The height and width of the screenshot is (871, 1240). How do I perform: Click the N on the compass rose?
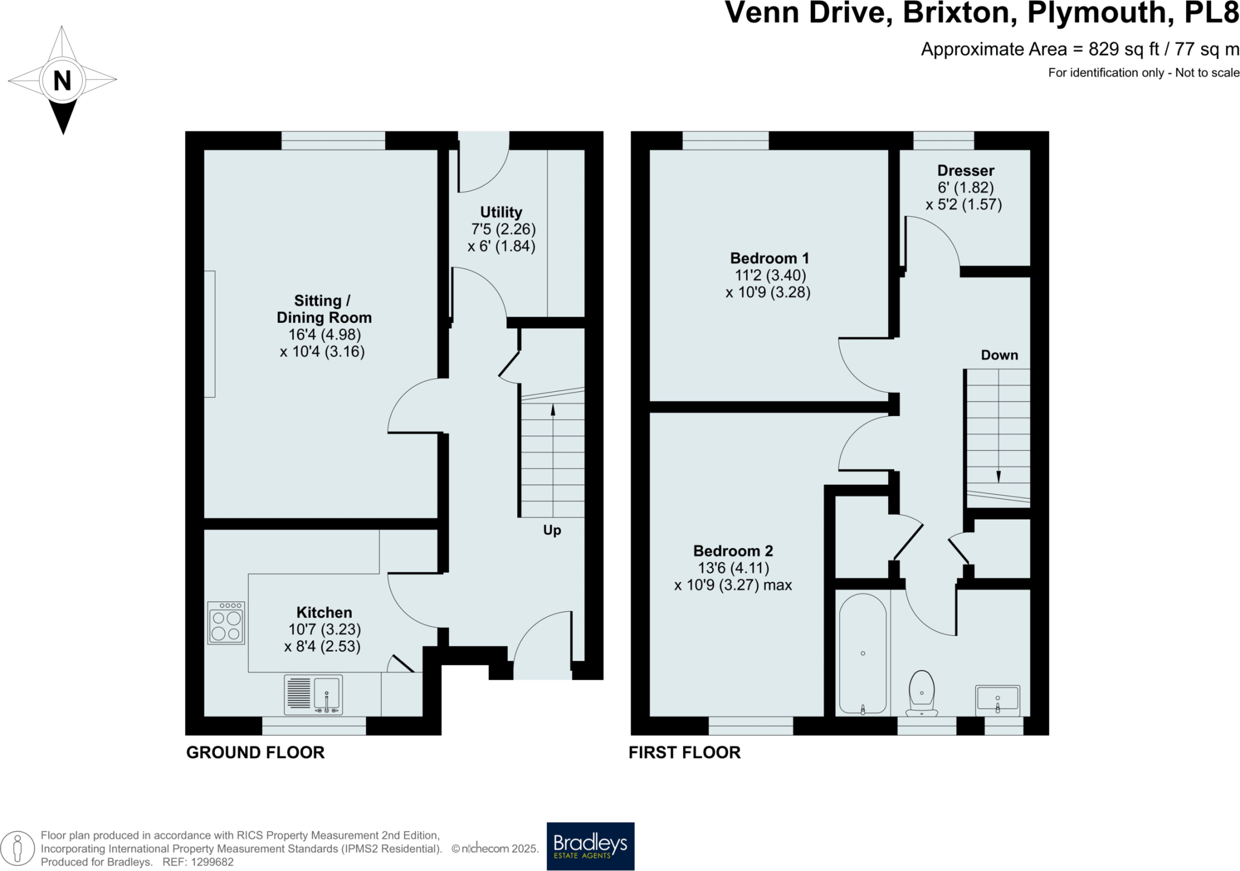coord(62,81)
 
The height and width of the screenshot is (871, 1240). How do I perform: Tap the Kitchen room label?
coord(324,612)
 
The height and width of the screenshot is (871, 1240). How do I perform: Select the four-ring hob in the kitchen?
coord(226,623)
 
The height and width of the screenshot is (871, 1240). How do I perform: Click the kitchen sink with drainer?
coord(314,695)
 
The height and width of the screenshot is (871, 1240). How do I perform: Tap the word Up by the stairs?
coord(552,531)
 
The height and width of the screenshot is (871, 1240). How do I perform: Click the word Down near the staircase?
coord(999,356)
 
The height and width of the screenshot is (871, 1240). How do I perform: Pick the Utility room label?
coord(501,212)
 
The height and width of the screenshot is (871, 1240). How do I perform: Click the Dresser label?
coord(965,171)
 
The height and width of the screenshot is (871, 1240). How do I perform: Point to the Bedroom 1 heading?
coord(769,259)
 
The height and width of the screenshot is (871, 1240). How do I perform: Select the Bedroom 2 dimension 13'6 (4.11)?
coord(733,568)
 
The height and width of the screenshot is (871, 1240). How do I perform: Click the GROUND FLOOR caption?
coord(255,752)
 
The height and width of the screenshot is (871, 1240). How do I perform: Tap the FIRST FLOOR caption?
coord(684,752)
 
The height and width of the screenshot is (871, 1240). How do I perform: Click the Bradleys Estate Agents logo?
coord(590,846)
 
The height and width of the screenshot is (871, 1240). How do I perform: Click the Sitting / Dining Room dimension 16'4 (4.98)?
coord(325,335)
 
